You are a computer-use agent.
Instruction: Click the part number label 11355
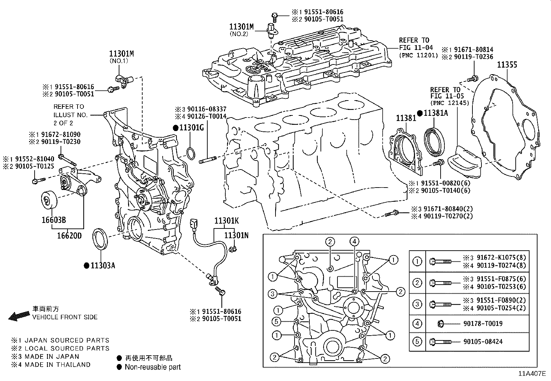(507, 65)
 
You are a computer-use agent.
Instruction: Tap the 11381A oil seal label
(436, 113)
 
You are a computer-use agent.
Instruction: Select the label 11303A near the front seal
(103, 266)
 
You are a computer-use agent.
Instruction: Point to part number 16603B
(54, 220)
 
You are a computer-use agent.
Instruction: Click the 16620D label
(69, 236)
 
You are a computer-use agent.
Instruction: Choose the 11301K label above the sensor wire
(226, 220)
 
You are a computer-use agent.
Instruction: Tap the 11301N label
(236, 235)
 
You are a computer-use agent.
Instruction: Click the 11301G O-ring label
(192, 128)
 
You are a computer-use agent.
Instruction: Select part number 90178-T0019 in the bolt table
(483, 323)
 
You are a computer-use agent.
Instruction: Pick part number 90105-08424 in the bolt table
(483, 341)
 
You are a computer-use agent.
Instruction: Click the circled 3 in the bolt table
(417, 304)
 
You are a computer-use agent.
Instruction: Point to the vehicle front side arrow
(19, 316)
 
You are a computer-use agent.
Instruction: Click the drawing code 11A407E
(532, 374)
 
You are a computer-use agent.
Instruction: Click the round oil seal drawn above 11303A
(100, 239)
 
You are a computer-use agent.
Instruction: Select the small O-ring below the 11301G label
(191, 153)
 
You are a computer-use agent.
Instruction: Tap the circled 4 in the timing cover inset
(354, 242)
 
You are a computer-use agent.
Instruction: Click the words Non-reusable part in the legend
(153, 367)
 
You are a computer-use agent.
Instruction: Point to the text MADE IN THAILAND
(57, 364)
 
